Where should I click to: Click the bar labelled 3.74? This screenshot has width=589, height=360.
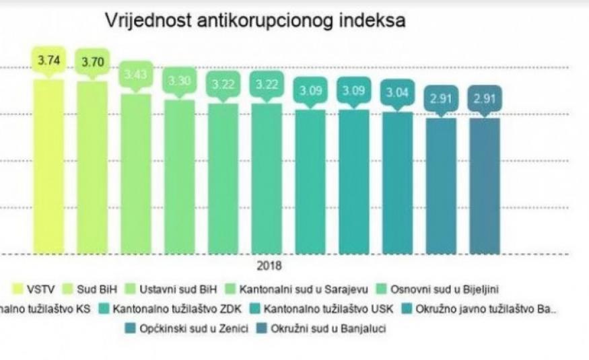pos(48,168)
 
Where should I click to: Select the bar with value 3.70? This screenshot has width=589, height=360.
pos(92,168)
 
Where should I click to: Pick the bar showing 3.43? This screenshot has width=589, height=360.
pos(135,175)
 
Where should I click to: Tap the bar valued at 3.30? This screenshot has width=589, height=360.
pos(179,178)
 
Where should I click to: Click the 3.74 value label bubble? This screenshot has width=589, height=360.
pos(48,60)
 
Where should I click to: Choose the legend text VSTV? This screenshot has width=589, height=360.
pos(42,290)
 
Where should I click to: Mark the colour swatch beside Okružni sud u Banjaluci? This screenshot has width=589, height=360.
pos(258,330)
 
